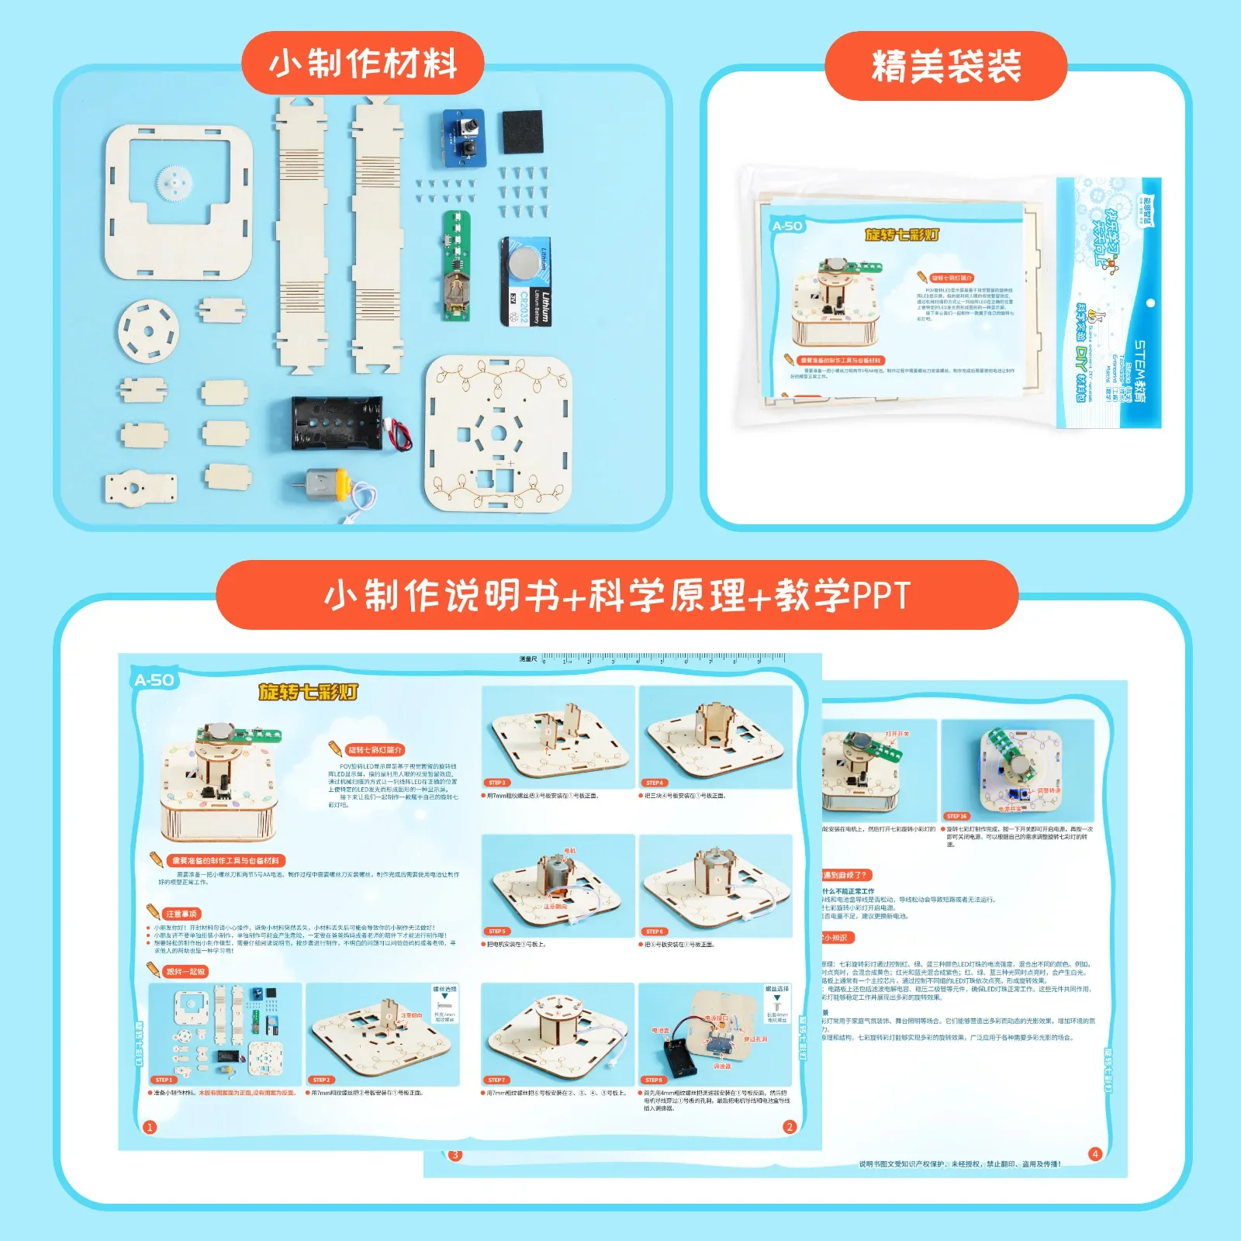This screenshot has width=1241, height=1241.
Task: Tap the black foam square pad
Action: [x=522, y=132]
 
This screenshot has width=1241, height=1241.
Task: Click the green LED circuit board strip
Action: [x=456, y=265]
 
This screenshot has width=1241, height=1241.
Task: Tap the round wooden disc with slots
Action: [x=148, y=330]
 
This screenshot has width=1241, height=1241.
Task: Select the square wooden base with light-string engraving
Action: [x=499, y=434]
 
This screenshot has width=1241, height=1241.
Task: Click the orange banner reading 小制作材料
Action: [x=363, y=64]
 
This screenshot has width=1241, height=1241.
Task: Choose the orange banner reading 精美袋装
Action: [x=945, y=66]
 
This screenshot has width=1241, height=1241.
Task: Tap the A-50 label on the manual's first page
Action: [x=154, y=680]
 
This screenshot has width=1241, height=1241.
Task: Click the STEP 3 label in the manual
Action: [x=497, y=783]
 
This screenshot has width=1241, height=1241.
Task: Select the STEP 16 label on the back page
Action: [x=956, y=816]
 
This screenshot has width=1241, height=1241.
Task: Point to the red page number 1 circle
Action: [x=150, y=1127]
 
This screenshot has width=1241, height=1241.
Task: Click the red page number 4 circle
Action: [x=1094, y=1154]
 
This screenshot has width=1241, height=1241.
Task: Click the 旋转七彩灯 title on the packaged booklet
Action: [x=902, y=234]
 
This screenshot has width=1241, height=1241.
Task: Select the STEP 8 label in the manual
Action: [x=653, y=1080]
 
